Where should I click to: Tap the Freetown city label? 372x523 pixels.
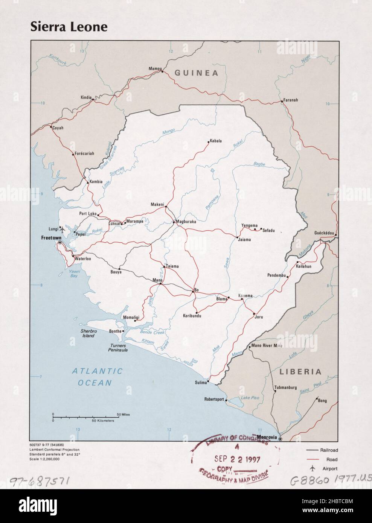[x=51, y=238]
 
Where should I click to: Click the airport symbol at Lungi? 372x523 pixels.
[x=63, y=229]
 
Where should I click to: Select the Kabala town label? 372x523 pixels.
[x=216, y=141]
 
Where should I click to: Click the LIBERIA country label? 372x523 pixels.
[x=300, y=372]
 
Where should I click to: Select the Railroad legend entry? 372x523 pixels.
[x=329, y=450]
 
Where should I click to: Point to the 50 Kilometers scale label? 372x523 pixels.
[x=103, y=420]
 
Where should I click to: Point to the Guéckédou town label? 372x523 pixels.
[x=324, y=233]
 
